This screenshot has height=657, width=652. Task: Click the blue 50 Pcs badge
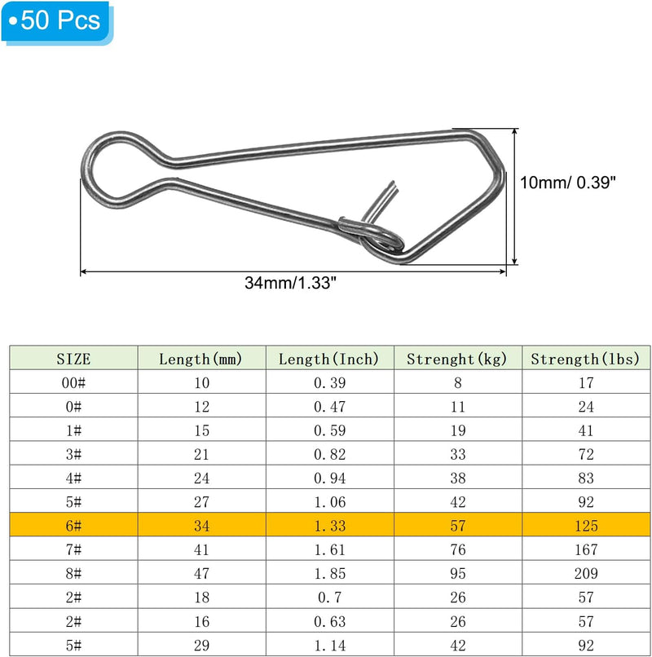pos(57,22)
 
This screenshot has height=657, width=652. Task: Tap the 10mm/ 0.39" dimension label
pos(568,183)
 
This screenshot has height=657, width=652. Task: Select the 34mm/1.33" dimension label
pos(290,283)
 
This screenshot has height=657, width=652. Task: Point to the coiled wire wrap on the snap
pos(370,235)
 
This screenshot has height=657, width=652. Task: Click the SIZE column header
pos(73,359)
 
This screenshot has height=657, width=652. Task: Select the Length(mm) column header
pos(200,359)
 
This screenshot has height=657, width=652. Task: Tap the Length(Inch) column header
pos(329,359)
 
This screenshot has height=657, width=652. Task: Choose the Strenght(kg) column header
pos(457,359)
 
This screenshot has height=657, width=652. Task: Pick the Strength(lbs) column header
pos(585,359)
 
